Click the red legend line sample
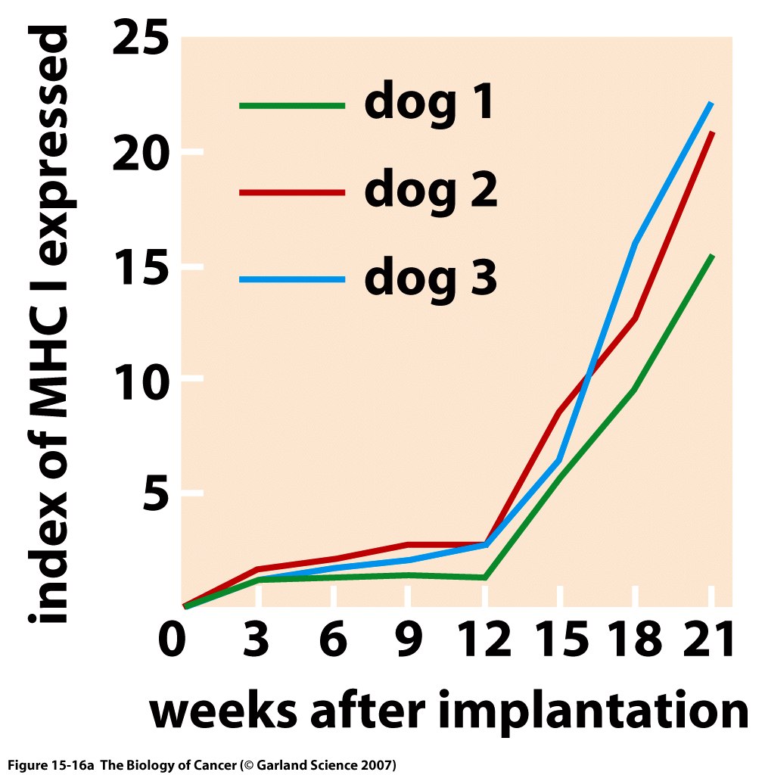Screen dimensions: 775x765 [292, 193]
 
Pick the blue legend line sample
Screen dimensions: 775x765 [292, 280]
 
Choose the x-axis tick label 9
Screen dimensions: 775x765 [409, 642]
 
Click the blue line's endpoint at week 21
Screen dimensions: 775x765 [711, 102]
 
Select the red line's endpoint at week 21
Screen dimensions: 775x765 [712, 132]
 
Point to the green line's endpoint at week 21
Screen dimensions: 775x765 [712, 256]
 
